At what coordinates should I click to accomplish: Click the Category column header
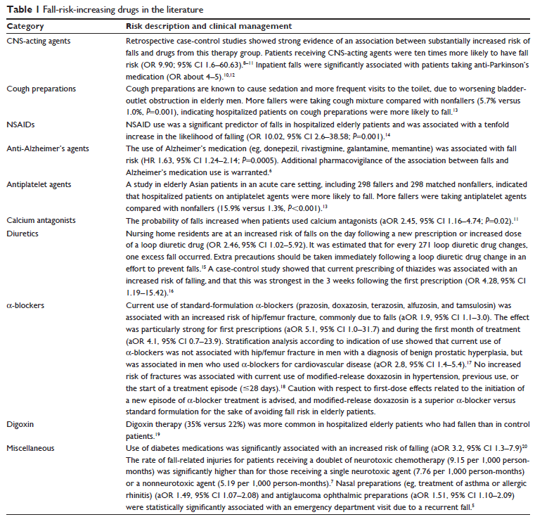coord(25,25)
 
